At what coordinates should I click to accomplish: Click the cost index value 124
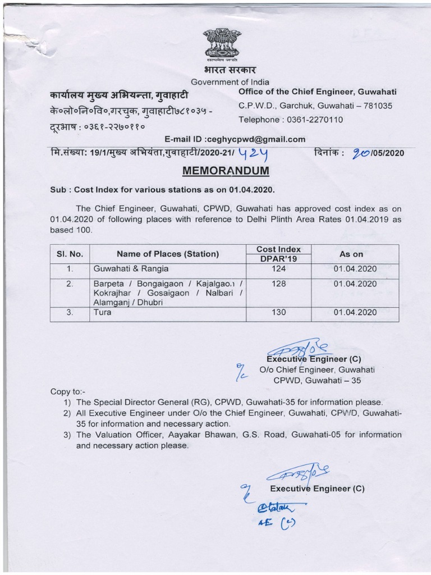click(278, 269)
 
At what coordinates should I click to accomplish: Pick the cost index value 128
click(278, 284)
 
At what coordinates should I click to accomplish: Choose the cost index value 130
click(278, 312)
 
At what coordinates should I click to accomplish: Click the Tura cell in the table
click(103, 312)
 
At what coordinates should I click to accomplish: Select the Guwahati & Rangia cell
click(131, 269)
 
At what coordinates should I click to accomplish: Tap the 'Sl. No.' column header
click(70, 254)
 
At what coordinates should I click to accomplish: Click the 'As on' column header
click(351, 254)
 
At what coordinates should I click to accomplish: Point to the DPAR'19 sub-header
click(278, 259)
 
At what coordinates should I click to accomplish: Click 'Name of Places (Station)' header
click(168, 254)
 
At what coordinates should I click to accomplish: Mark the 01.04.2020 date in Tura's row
click(355, 312)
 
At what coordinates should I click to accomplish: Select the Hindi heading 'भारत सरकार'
click(222, 70)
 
